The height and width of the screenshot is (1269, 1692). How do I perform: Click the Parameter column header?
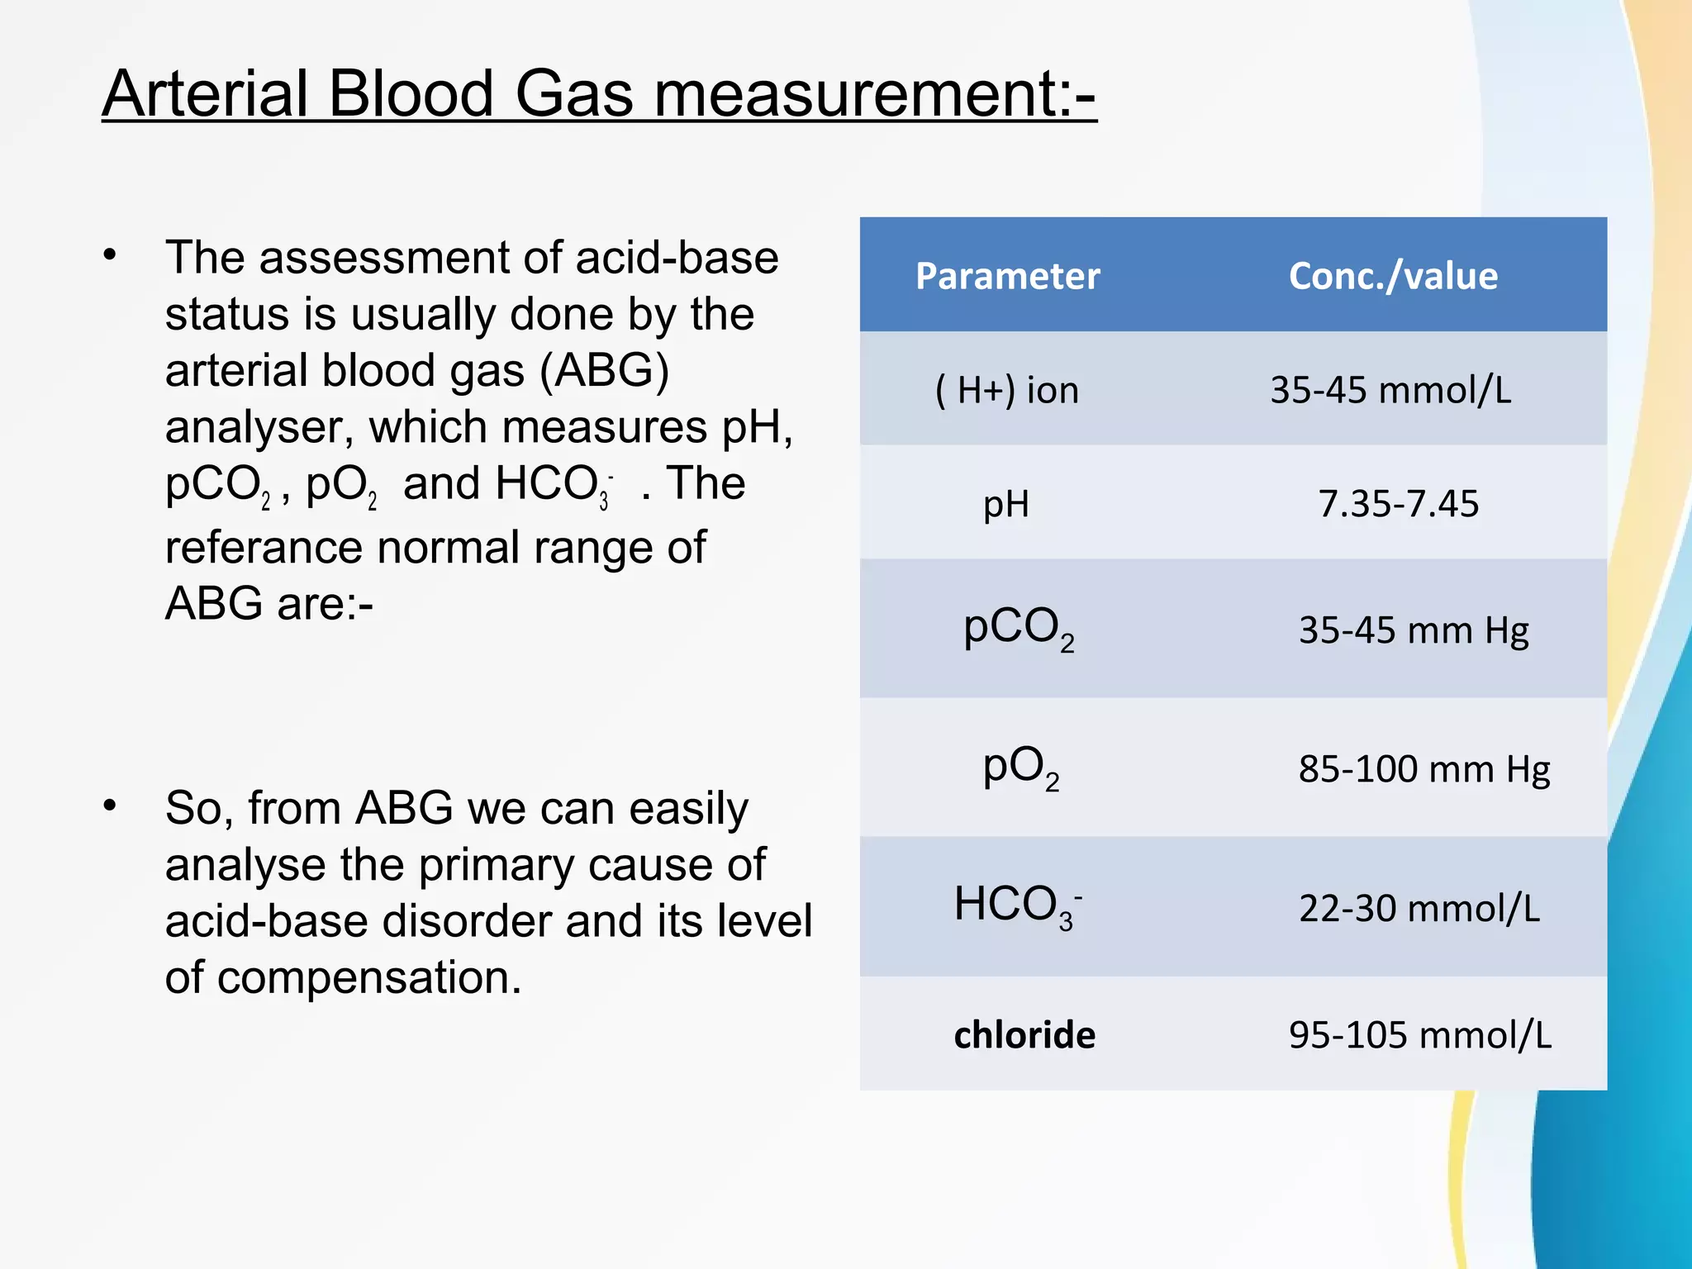coord(1007,276)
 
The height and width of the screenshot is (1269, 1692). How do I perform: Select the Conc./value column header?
coord(1393,276)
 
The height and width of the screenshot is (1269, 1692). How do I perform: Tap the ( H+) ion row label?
coord(1007,390)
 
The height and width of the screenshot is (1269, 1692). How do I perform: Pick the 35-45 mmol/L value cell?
coord(1390,390)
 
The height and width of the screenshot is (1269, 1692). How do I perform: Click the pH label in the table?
coord(1006,504)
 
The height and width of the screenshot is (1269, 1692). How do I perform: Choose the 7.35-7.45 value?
coord(1398,504)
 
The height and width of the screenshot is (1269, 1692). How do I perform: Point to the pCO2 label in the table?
coord(1019,628)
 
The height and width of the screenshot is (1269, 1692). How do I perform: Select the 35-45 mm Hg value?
coord(1414,630)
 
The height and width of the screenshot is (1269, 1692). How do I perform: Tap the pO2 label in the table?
coord(1020,768)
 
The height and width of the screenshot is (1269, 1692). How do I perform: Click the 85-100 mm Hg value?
coord(1423,769)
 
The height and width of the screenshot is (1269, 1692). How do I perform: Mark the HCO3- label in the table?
coord(1017,905)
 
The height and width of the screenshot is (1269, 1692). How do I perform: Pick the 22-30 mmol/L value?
coord(1419,909)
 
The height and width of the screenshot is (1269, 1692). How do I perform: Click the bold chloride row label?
coord(1024,1035)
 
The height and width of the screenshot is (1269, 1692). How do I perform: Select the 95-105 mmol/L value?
coord(1419,1035)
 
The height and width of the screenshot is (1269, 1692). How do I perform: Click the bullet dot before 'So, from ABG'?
coord(110,806)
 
